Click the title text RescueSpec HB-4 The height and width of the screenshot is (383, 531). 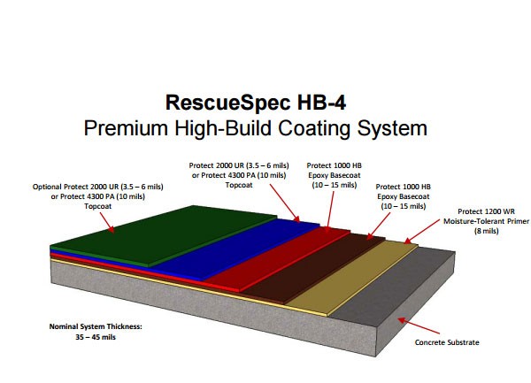click(256, 103)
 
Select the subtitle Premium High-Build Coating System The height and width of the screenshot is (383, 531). click(256, 128)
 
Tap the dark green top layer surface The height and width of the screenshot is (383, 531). click(163, 234)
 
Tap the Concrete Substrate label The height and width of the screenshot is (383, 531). click(447, 342)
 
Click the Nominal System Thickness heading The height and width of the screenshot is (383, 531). click(96, 326)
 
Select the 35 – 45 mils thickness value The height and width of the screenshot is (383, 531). click(96, 337)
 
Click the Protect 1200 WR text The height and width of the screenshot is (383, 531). click(486, 211)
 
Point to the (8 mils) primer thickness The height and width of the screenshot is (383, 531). click(486, 231)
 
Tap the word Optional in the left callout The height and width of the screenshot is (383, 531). click(47, 187)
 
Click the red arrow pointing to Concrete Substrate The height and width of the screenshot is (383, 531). click(419, 326)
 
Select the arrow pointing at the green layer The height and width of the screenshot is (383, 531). click(107, 223)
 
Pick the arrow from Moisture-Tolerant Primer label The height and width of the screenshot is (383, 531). click(422, 232)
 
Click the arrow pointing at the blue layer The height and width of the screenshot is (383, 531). click(285, 203)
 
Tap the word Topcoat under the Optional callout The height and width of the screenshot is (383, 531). click(98, 206)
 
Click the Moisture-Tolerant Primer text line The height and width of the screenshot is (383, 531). click(486, 221)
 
